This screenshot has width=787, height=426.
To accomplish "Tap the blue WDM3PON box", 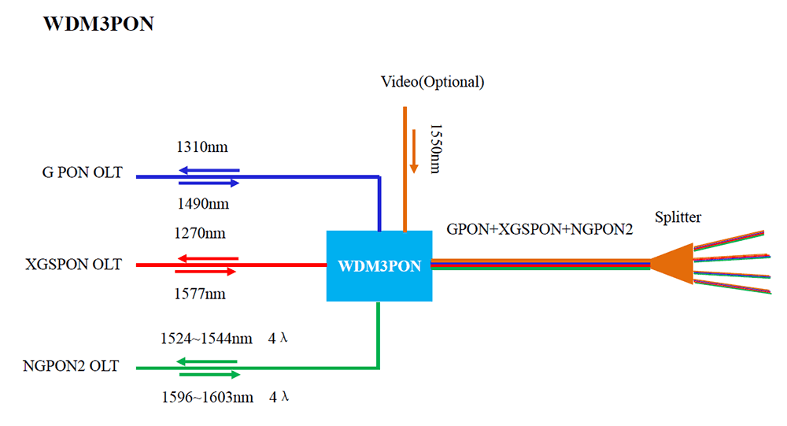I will [x=379, y=266].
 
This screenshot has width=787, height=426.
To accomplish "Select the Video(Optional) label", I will [x=432, y=82].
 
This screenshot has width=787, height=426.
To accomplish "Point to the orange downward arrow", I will [x=413, y=158].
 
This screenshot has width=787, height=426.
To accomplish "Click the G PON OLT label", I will [x=83, y=172].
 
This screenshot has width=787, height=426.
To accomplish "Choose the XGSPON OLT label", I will [x=73, y=265].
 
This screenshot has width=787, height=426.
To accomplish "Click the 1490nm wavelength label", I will [x=203, y=204].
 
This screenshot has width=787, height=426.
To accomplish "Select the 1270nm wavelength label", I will [x=199, y=233].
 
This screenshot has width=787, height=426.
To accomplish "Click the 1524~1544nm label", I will [x=205, y=339].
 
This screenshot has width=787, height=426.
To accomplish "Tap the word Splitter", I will [x=678, y=217].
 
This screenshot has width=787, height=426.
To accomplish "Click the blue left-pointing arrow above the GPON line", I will [x=209, y=169].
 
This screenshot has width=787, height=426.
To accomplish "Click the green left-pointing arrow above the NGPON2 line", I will [x=207, y=361].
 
